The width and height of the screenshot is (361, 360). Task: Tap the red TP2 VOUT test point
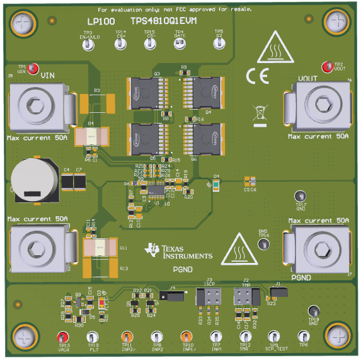tap(326, 67)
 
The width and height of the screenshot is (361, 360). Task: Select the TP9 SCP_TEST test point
tap(273, 337)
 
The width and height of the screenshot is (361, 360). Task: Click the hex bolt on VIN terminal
tap(35, 105)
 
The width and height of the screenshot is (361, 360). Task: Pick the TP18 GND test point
tap(313, 311)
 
